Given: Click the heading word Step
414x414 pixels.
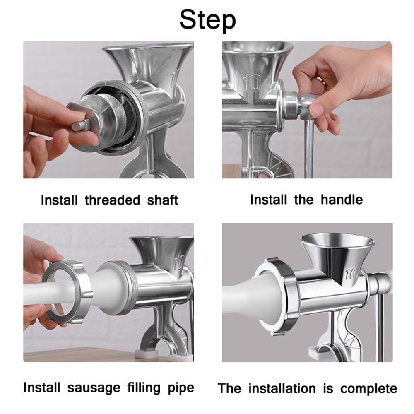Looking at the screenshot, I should coord(207,19).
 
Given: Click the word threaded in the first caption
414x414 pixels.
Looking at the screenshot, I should coord(113,200).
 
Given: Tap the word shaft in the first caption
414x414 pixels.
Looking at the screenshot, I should coord(162,200).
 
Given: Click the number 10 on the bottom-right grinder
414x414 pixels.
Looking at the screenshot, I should coord(350,274).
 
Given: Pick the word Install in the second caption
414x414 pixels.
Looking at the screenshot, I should coord(268,200).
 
